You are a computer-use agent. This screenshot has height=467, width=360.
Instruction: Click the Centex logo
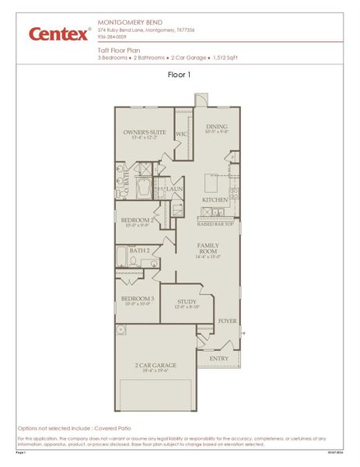click(59, 33)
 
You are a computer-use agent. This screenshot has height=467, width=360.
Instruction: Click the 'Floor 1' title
click(180, 75)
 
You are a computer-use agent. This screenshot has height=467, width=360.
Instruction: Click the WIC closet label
click(181, 134)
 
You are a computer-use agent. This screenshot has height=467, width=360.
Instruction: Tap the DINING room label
click(215, 126)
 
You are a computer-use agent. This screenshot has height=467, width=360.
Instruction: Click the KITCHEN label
click(215, 200)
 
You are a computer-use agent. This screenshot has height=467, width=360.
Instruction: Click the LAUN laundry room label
click(174, 188)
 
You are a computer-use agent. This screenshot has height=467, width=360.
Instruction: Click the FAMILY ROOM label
click(208, 248)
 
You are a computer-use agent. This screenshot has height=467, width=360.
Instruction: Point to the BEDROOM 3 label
click(137, 298)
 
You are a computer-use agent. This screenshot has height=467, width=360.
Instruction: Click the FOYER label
click(226, 321)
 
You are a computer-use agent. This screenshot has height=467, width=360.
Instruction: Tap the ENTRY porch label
click(218, 358)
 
